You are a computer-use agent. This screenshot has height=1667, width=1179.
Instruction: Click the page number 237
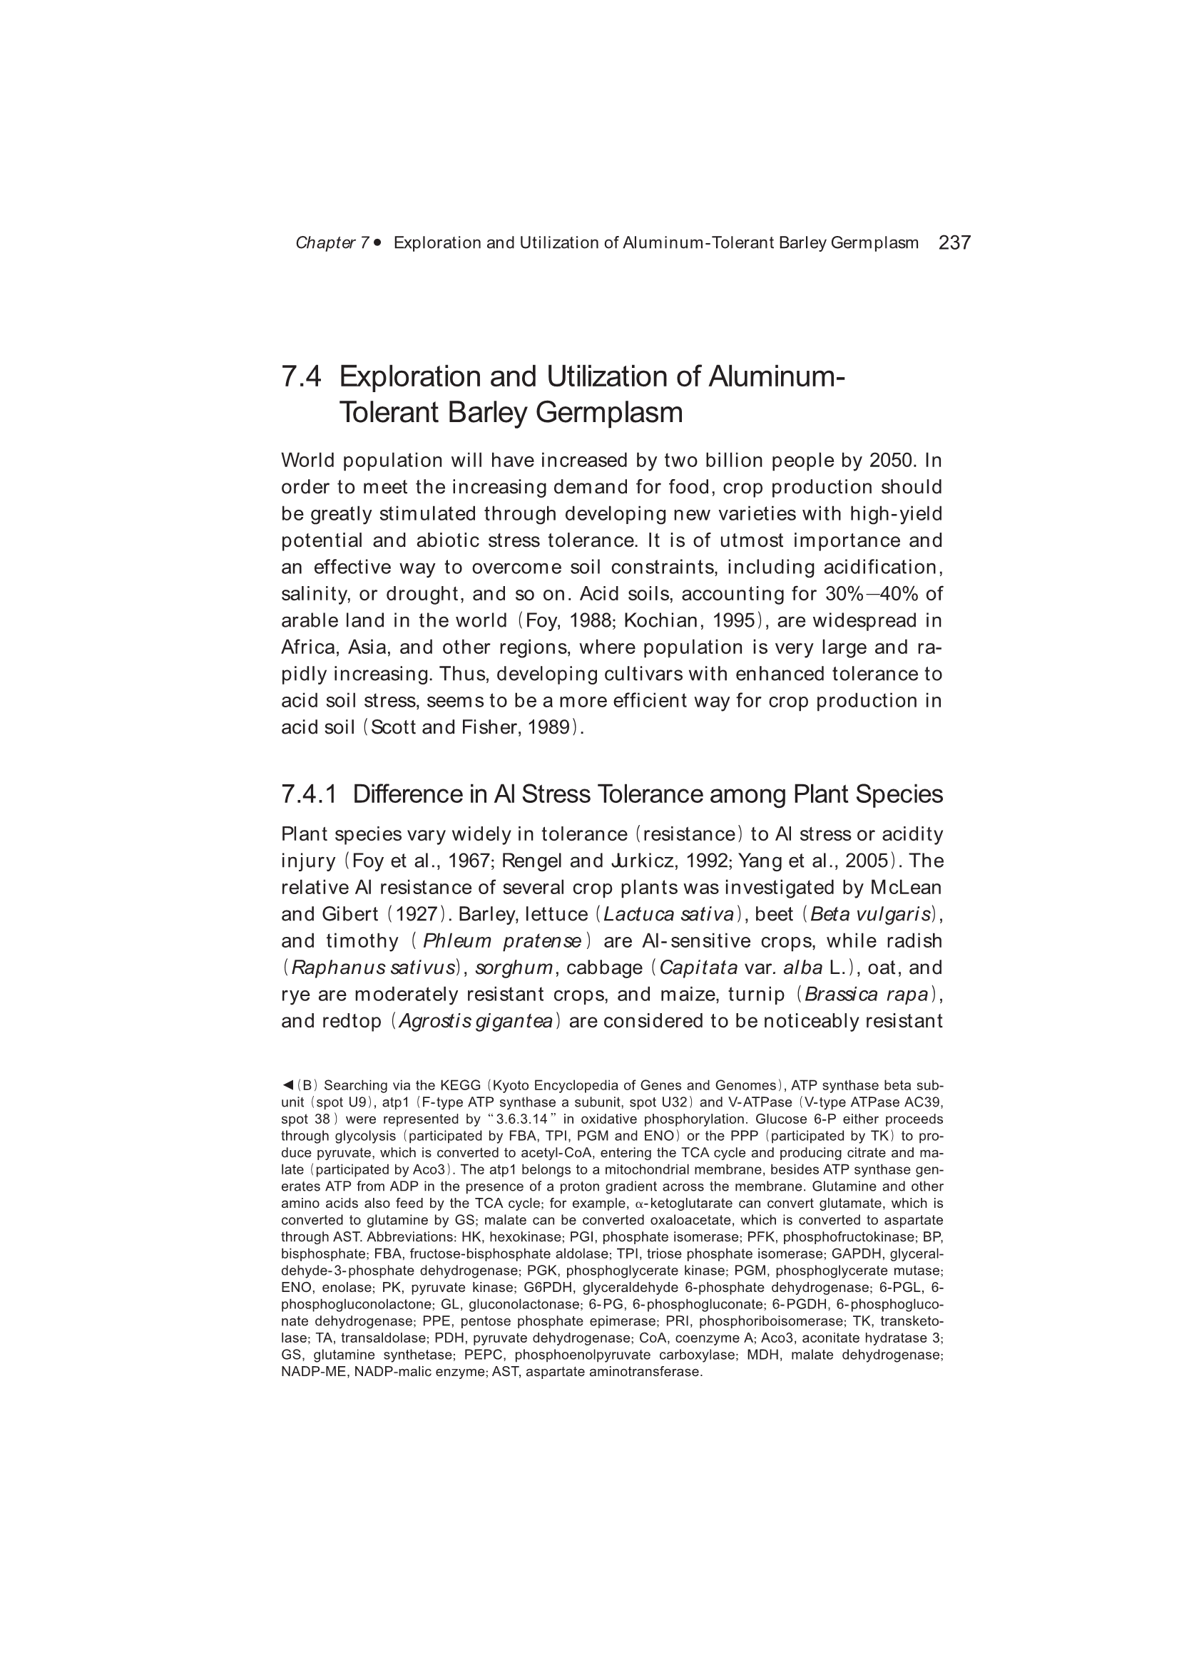point(954,242)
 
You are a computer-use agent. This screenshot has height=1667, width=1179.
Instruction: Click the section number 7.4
point(302,376)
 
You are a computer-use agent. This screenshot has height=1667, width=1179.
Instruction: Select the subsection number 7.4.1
point(309,794)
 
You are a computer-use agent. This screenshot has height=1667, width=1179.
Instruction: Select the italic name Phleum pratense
point(502,941)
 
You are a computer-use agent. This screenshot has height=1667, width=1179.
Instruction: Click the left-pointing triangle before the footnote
point(287,1085)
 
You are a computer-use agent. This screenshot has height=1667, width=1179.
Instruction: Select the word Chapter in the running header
point(325,243)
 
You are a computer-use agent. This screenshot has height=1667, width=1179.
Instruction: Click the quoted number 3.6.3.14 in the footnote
point(521,1119)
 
